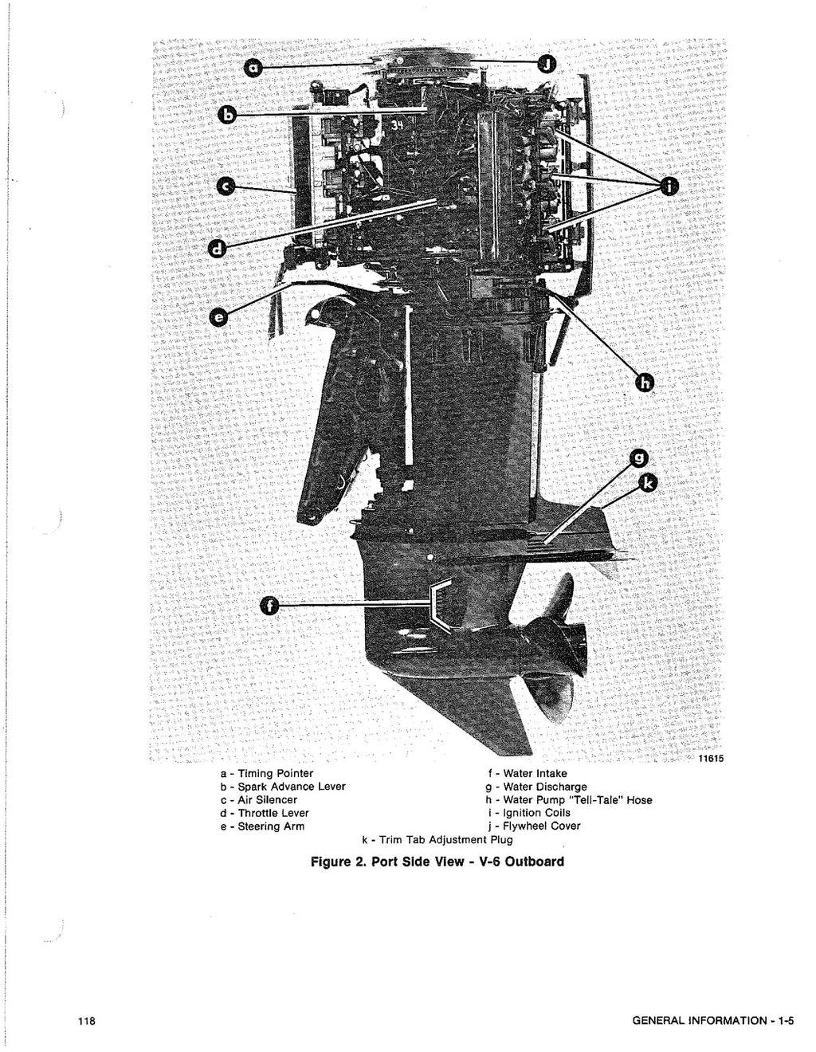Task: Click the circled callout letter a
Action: click(253, 69)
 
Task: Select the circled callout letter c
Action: click(227, 186)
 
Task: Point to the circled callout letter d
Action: click(217, 249)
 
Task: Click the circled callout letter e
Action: click(218, 318)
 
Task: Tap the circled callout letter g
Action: click(638, 458)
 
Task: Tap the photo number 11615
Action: click(711, 760)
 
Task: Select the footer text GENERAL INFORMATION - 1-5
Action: click(712, 1023)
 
